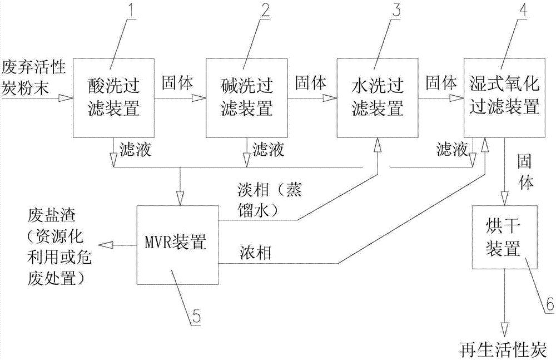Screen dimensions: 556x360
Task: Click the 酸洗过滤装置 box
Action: pyautogui.click(x=113, y=97)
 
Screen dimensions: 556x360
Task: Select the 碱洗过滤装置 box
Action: pyautogui.click(x=246, y=97)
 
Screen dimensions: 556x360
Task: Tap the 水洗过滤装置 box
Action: pyautogui.click(x=378, y=97)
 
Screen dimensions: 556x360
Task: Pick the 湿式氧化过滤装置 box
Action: pyautogui.click(x=505, y=97)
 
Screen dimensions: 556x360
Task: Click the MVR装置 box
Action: pyautogui.click(x=177, y=244)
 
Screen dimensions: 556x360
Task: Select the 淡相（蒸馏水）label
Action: pyautogui.click(x=270, y=200)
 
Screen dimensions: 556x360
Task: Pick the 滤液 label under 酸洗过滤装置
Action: pyautogui.click(x=135, y=150)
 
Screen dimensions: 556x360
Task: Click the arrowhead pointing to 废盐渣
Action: pyautogui.click(x=105, y=245)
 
